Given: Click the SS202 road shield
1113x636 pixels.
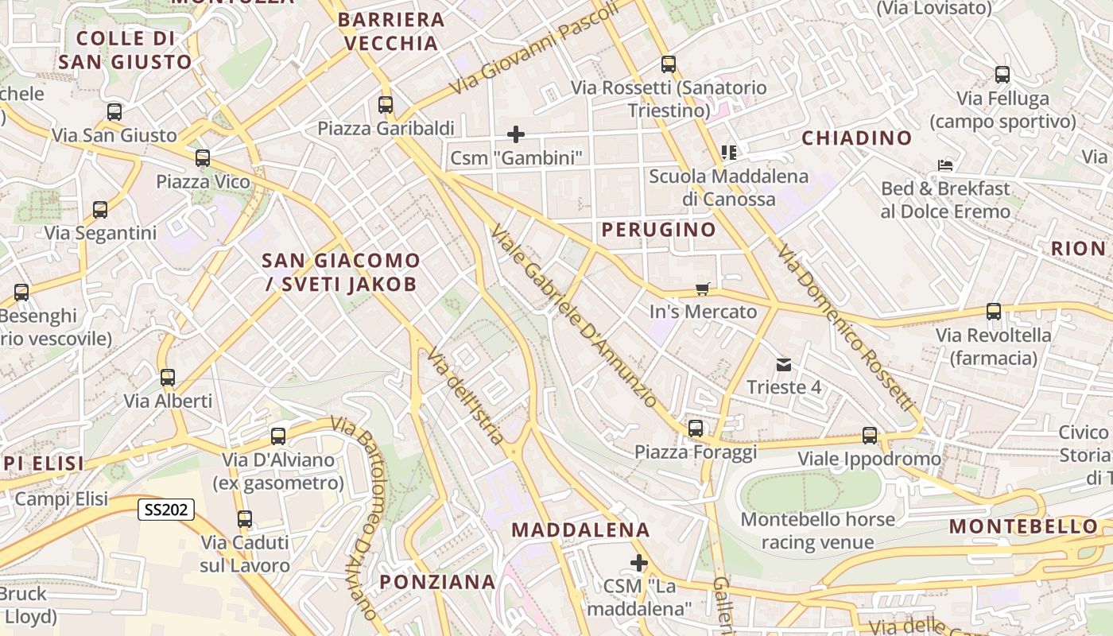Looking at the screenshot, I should pyautogui.click(x=166, y=510).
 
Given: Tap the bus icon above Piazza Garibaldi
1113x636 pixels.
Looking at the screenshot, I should pyautogui.click(x=386, y=104).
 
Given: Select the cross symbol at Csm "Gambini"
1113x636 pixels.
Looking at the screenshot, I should pyautogui.click(x=516, y=134).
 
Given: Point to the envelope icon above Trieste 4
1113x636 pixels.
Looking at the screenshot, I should pyautogui.click(x=784, y=365).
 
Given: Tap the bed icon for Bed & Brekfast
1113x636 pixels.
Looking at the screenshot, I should pyautogui.click(x=945, y=165).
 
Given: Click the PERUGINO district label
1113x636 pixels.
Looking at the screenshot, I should pyautogui.click(x=658, y=230).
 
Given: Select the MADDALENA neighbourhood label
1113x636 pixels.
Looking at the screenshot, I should pyautogui.click(x=580, y=529).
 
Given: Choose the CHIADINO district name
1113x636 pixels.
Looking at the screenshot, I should pyautogui.click(x=856, y=138).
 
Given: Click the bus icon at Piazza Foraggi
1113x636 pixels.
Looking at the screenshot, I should pyautogui.click(x=696, y=429).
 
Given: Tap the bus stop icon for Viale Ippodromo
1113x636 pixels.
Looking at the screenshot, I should pyautogui.click(x=870, y=436).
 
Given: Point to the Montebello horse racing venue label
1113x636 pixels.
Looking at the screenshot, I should pyautogui.click(x=818, y=531).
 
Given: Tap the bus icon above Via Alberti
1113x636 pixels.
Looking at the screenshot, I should pyautogui.click(x=167, y=377).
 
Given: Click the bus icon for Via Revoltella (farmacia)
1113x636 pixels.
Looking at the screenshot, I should pyautogui.click(x=994, y=312).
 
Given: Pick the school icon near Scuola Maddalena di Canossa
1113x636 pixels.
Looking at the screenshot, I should pyautogui.click(x=728, y=152).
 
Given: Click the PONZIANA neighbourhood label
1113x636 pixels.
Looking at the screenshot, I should pyautogui.click(x=437, y=582).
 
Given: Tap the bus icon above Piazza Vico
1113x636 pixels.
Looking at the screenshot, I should pyautogui.click(x=203, y=158).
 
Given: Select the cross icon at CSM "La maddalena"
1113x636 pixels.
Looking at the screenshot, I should pyautogui.click(x=638, y=563).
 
